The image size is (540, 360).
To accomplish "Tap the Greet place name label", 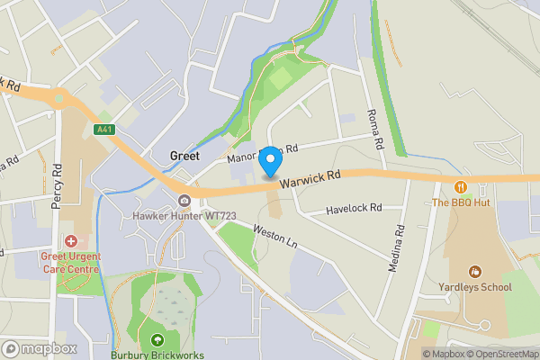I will [x=184, y=156].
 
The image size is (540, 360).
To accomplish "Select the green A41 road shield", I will [x=105, y=130].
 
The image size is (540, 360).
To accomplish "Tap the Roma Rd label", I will [x=375, y=130].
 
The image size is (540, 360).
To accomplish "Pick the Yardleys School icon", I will [x=476, y=271].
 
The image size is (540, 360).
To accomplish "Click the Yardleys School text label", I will [x=476, y=287].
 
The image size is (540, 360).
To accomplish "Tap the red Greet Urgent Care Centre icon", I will [x=71, y=241].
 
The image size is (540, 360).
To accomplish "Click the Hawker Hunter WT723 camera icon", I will [x=184, y=200].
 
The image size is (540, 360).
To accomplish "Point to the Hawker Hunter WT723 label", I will [x=184, y=216].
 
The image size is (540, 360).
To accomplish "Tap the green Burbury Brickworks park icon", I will [x=158, y=339].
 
